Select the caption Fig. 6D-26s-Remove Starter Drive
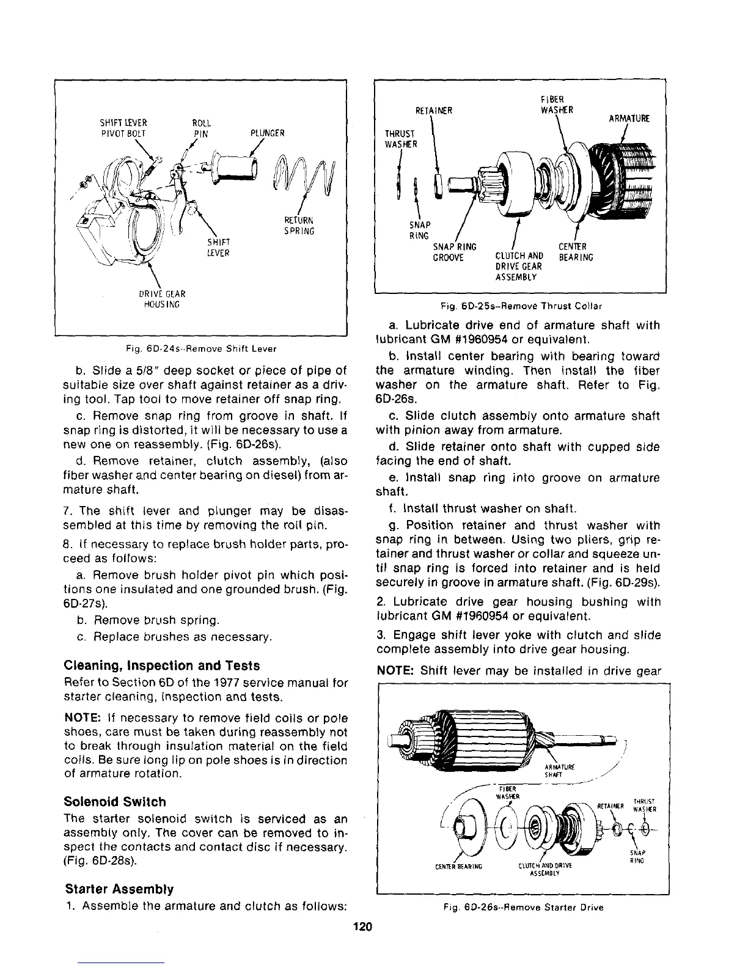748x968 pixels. coord(524,907)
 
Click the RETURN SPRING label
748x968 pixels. coord(299,226)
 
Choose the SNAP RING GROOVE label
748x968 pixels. coord(453,252)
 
